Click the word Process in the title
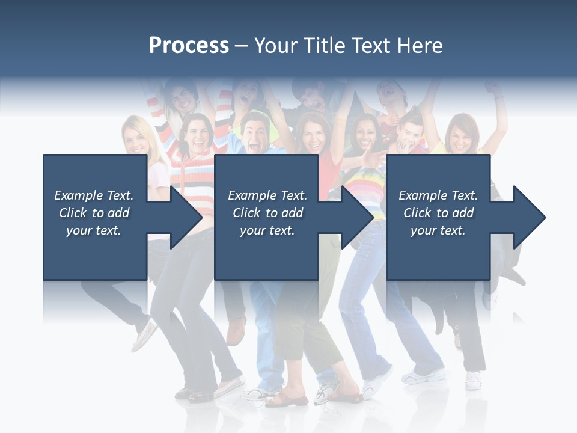point(189,46)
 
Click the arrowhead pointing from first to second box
point(186,217)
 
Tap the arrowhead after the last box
point(529,217)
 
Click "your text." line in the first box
point(94,230)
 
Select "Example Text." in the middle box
point(267,195)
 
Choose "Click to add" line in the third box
point(438,213)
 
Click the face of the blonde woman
point(136,138)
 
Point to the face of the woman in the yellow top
point(462,136)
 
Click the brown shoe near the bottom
point(236,330)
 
